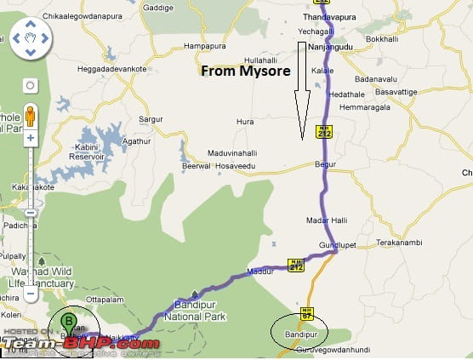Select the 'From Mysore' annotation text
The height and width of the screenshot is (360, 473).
pos(246,71)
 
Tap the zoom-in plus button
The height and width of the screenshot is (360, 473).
pos(30,137)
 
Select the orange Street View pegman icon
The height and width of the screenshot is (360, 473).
pos(30,116)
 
